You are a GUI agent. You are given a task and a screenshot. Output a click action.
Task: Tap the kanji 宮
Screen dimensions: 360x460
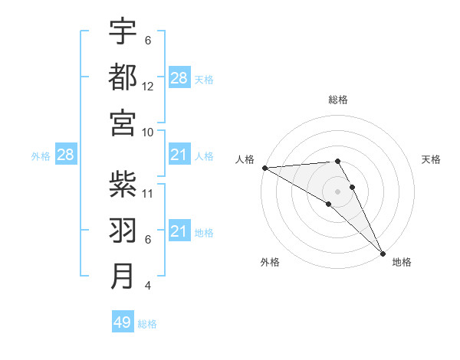click(x=123, y=123)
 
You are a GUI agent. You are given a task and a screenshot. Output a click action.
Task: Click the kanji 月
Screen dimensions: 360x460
click(x=123, y=276)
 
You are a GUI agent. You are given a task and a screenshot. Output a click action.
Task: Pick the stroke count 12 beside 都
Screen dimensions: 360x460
click(x=148, y=87)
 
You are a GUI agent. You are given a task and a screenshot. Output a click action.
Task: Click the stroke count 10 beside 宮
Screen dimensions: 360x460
click(x=148, y=133)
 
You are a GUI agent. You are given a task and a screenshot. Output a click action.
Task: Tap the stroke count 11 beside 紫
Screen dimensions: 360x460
click(x=148, y=194)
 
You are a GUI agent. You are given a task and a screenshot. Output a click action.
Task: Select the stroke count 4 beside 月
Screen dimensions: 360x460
click(x=147, y=286)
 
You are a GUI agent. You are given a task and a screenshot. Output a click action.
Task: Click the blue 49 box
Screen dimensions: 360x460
click(x=123, y=322)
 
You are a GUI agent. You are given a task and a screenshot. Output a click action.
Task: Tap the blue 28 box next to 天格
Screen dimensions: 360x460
click(x=179, y=78)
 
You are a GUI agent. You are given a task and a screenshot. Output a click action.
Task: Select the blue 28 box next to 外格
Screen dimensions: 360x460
click(x=66, y=155)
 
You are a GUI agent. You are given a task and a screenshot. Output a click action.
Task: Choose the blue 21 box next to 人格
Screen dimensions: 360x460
click(x=179, y=155)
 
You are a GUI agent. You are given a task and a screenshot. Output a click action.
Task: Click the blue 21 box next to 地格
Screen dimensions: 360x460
click(x=179, y=231)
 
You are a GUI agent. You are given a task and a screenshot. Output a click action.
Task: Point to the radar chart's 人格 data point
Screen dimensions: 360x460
click(x=264, y=168)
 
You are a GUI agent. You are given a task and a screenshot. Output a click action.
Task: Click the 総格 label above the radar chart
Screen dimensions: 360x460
click(x=338, y=100)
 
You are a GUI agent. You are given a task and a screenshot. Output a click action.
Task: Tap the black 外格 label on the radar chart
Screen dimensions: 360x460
click(x=270, y=263)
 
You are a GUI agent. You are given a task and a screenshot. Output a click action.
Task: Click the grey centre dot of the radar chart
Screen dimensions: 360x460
click(x=337, y=191)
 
